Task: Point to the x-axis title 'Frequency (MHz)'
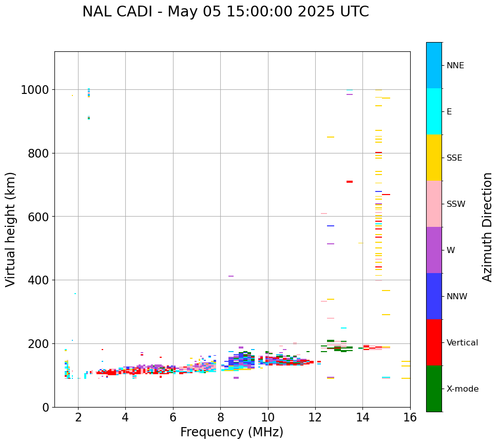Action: pyautogui.click(x=232, y=432)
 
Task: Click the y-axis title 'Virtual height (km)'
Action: pyautogui.click(x=11, y=229)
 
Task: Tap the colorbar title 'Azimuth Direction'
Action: pyautogui.click(x=487, y=227)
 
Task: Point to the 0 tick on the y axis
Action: pyautogui.click(x=46, y=407)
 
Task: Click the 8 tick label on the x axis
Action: pyautogui.click(x=220, y=418)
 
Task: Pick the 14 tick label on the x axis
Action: pyautogui.click(x=362, y=418)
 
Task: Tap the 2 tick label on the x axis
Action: pyautogui.click(x=78, y=418)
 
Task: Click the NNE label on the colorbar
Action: pyautogui.click(x=455, y=66)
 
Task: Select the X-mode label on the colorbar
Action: pyautogui.click(x=462, y=389)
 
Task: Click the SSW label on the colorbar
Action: pyautogui.click(x=456, y=204)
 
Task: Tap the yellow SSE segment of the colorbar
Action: pyautogui.click(x=434, y=158)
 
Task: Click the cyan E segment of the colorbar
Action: pyautogui.click(x=434, y=111)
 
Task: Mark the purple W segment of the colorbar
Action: pyautogui.click(x=434, y=250)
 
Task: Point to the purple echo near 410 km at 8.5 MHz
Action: pyautogui.click(x=231, y=276)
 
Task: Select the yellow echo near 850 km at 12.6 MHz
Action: pyautogui.click(x=331, y=137)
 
